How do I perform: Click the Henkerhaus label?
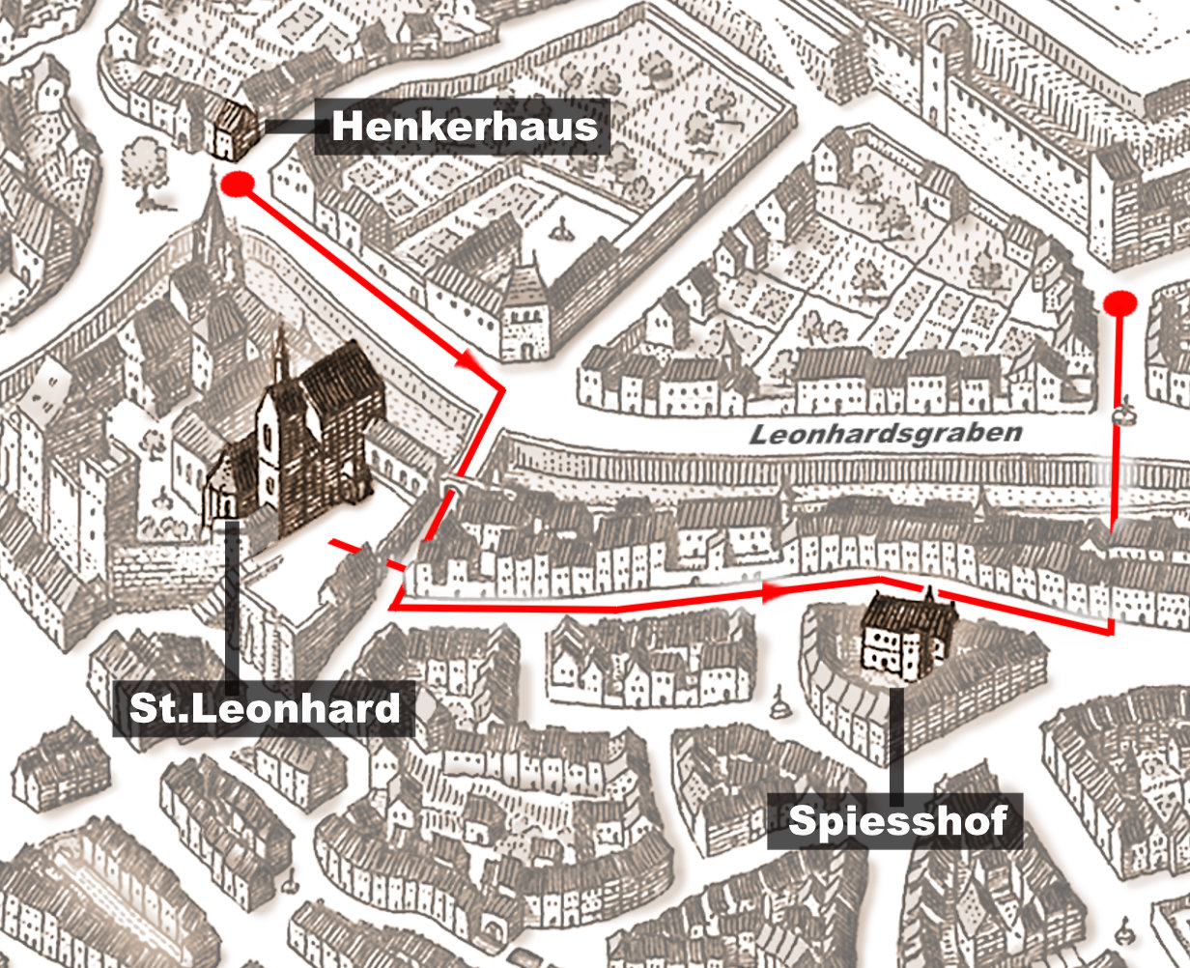(464, 127)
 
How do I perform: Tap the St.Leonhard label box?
(264, 708)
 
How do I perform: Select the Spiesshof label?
(895, 821)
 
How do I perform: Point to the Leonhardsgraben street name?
(885, 435)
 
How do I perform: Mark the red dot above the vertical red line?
(1119, 303)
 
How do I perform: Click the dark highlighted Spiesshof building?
(906, 633)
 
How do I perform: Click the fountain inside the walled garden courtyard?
(562, 229)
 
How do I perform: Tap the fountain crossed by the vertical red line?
(1120, 416)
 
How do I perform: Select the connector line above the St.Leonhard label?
(233, 599)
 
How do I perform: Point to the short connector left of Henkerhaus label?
(288, 126)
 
